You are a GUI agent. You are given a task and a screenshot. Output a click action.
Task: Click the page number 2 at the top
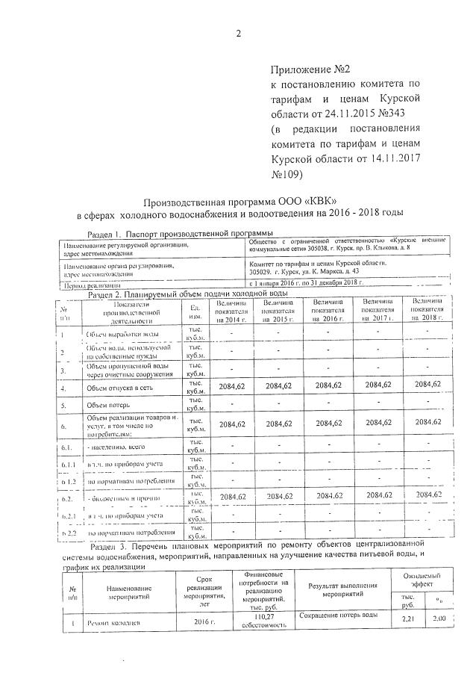pyautogui.click(x=238, y=34)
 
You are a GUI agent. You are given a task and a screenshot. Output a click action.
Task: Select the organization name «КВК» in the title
pyautogui.click(x=318, y=201)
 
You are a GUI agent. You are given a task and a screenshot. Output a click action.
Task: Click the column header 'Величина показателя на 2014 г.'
pyautogui.click(x=231, y=309)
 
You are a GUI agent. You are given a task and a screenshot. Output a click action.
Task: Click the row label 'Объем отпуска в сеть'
pyautogui.click(x=122, y=388)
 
